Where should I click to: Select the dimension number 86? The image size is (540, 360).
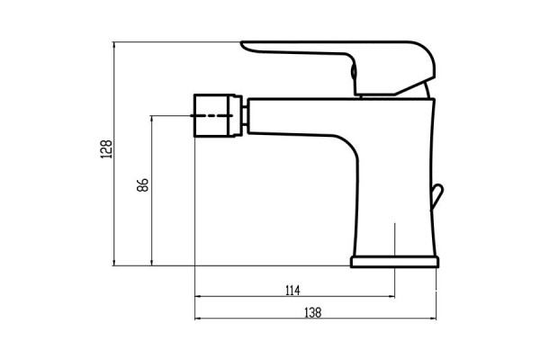[141, 187]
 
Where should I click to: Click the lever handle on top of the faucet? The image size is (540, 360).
[342, 54]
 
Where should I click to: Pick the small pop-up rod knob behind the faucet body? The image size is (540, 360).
[436, 193]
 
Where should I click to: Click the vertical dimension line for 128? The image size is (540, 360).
[114, 153]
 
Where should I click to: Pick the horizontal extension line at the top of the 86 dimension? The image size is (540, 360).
[171, 115]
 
